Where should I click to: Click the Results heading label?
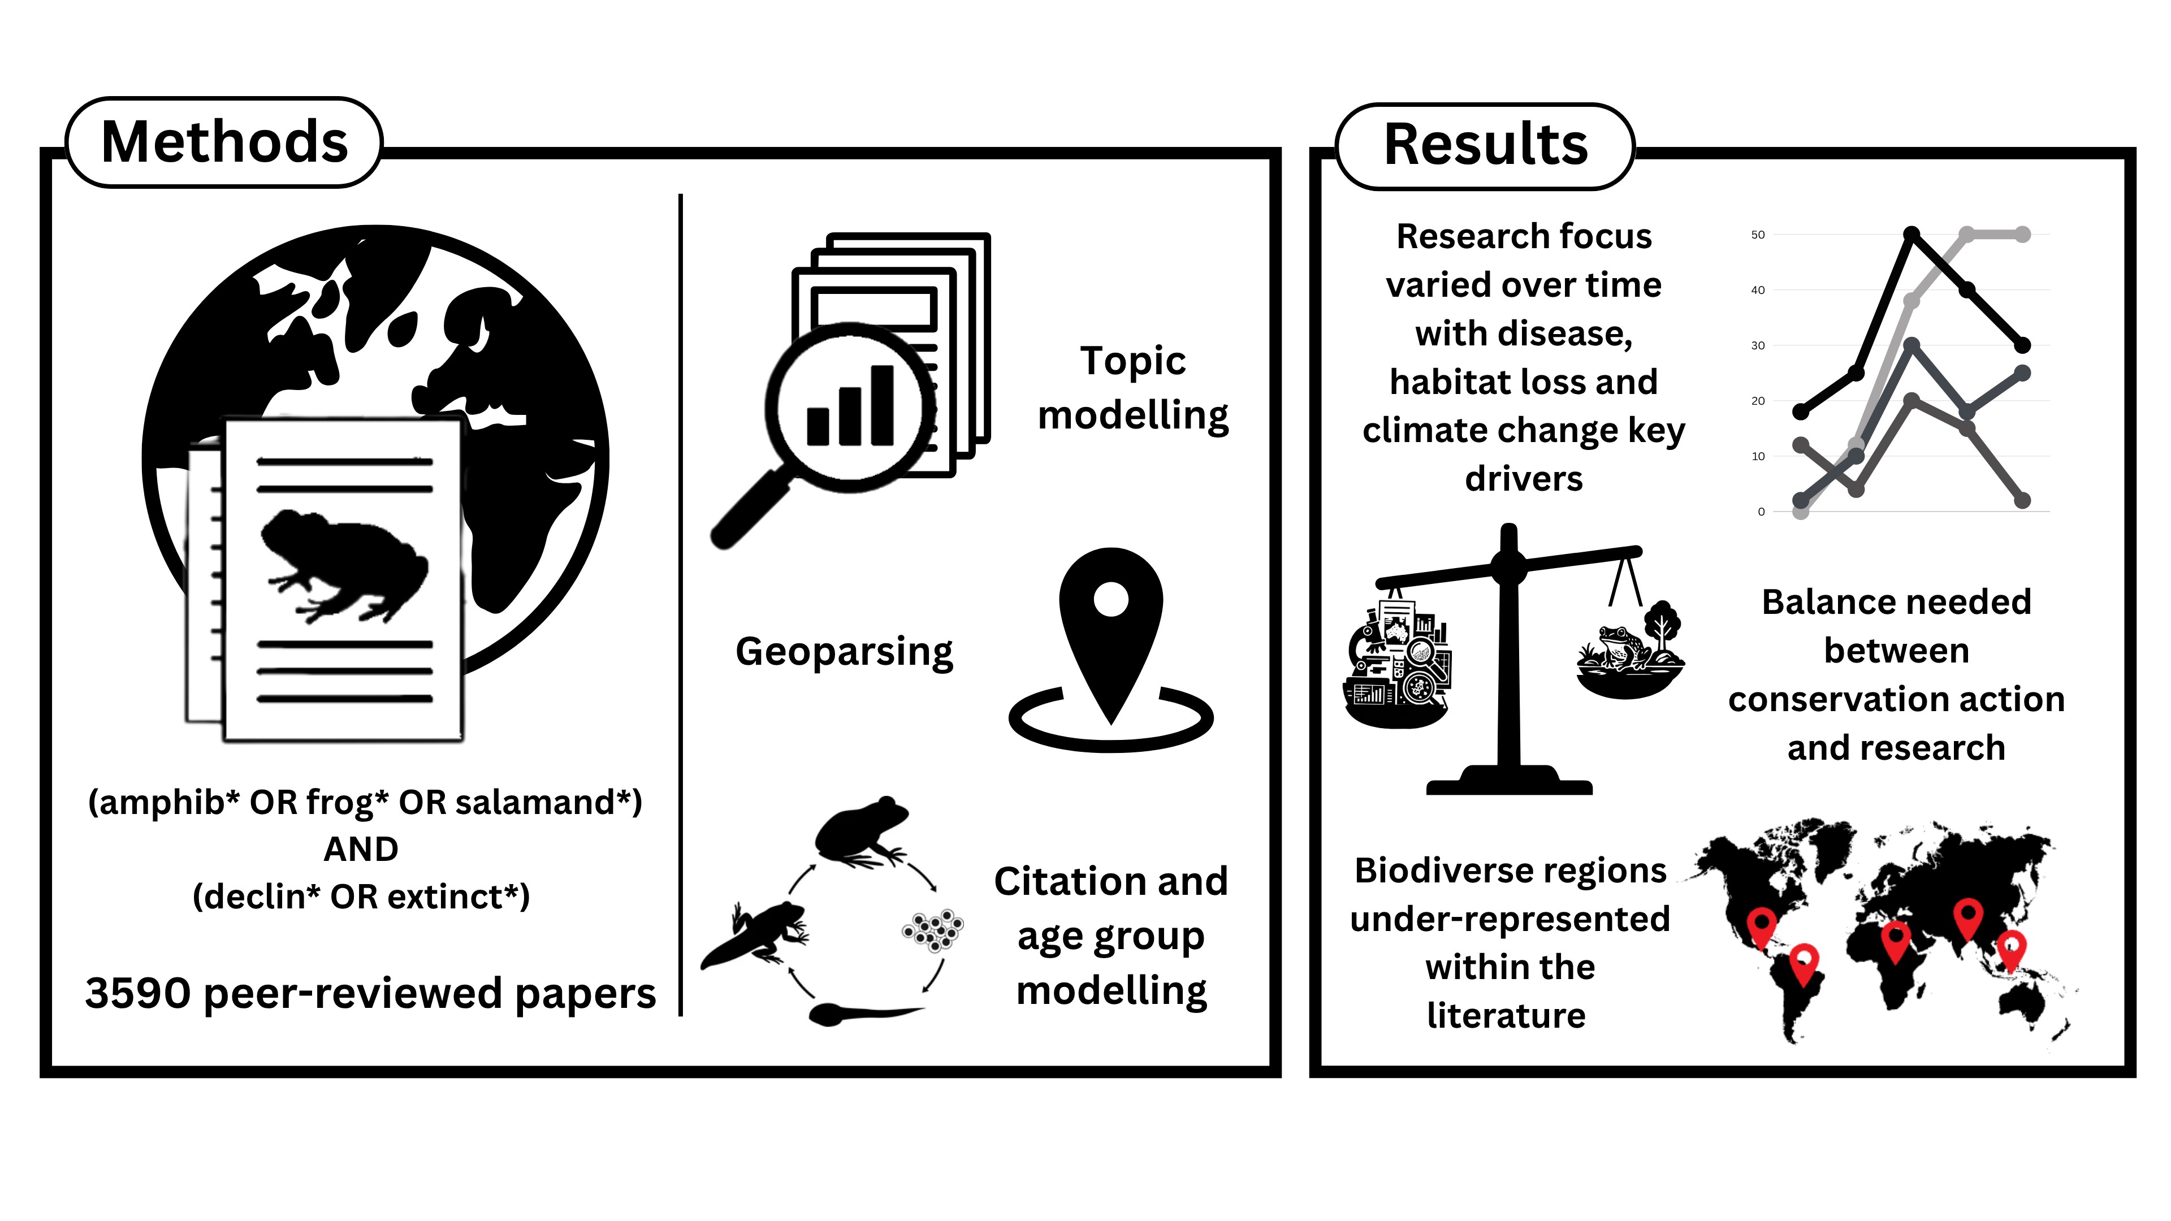coord(1485,145)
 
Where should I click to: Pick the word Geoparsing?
coord(844,651)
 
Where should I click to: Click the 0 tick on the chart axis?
coord(1761,512)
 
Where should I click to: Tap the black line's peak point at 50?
coord(1911,234)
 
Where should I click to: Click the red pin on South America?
coord(1804,960)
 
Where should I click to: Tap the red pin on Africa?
coord(1896,938)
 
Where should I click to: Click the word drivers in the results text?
coord(1524,479)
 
